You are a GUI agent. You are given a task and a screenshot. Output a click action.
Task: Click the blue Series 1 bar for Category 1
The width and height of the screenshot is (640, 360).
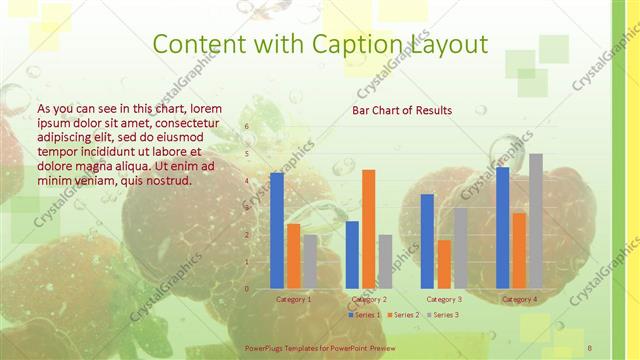(x=277, y=231)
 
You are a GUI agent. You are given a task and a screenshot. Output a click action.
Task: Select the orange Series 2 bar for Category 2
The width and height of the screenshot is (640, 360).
(x=368, y=229)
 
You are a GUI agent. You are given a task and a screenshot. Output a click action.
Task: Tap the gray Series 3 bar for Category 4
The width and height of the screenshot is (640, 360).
(x=535, y=221)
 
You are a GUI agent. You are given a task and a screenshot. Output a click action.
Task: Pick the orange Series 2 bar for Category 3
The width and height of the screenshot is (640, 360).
(x=444, y=264)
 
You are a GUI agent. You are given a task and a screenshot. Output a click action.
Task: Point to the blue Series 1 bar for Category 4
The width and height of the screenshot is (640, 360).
(x=503, y=228)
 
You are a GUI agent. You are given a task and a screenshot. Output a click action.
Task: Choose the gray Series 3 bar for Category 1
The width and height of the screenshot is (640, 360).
(x=310, y=262)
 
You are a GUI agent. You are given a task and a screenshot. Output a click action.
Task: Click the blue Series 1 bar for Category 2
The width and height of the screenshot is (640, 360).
(x=352, y=255)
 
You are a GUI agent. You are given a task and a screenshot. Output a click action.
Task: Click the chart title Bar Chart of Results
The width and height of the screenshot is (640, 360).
(x=402, y=110)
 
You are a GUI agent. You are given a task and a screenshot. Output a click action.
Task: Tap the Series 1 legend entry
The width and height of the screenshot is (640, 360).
(x=366, y=315)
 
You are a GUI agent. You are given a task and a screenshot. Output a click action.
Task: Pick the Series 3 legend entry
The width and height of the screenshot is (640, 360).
(x=442, y=315)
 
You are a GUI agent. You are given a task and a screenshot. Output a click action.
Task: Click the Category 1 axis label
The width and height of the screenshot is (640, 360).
(x=293, y=299)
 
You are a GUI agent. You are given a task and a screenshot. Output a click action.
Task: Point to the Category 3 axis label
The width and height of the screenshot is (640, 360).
(x=444, y=299)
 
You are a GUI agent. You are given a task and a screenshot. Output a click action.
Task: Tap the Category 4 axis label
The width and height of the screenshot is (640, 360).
(x=519, y=299)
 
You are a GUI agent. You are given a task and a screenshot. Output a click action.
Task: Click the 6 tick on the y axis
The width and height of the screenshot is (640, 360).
(x=247, y=127)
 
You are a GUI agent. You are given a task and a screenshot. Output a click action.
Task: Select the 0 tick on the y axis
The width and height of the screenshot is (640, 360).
(x=247, y=289)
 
